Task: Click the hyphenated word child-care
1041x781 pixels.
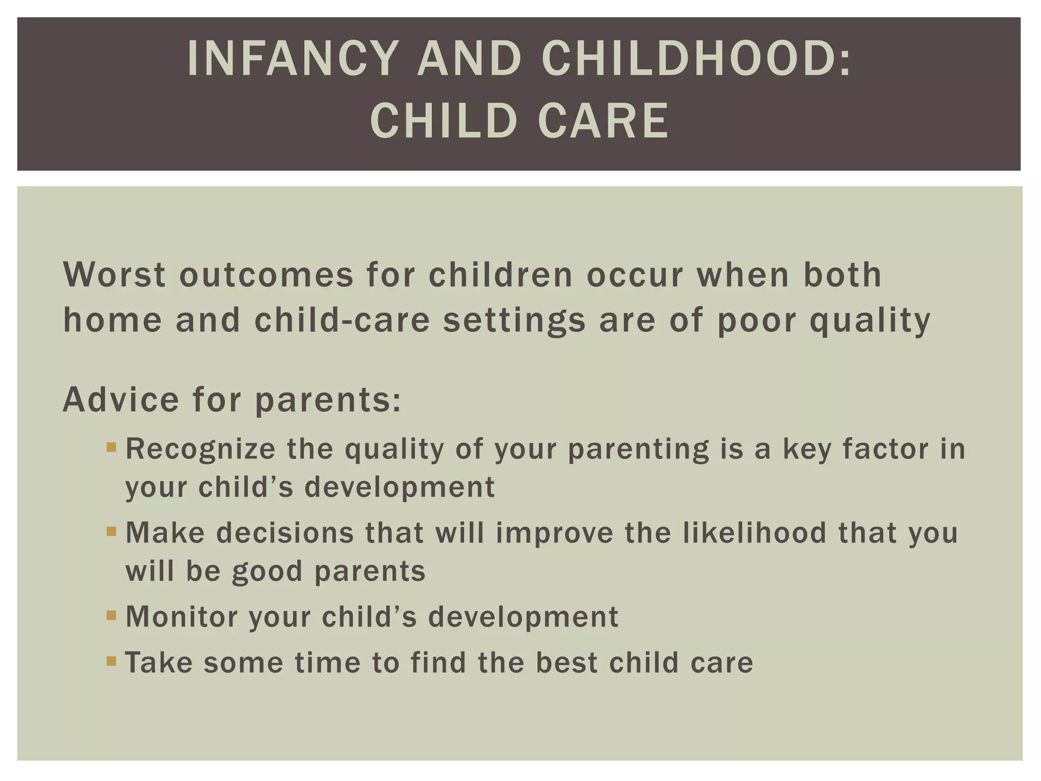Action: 342,321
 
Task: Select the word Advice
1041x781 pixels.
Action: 121,400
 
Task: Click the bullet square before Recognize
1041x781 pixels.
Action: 111,448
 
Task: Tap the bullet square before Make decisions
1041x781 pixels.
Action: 111,532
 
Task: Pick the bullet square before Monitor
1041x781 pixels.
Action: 111,616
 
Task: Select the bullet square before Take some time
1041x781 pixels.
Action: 111,662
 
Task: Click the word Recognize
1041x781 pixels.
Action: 200,449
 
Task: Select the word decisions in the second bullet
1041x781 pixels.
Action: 285,532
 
